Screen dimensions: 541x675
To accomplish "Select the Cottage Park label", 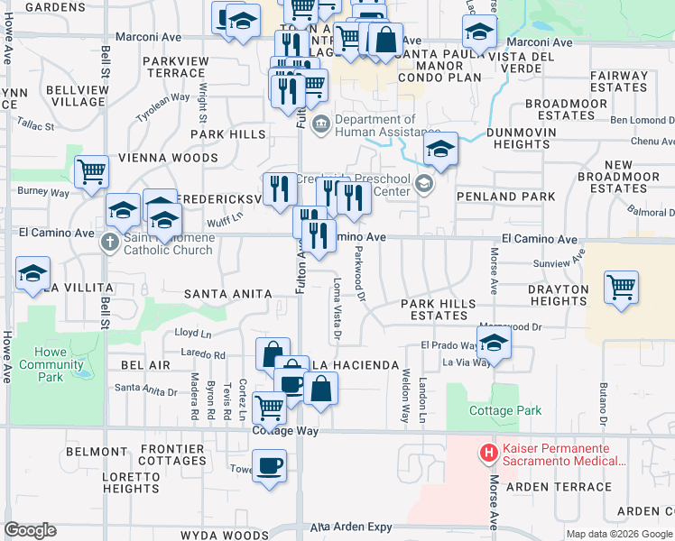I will [x=505, y=410].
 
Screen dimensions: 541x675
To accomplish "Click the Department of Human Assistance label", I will [x=374, y=125].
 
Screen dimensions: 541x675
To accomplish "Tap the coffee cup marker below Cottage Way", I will [x=269, y=467].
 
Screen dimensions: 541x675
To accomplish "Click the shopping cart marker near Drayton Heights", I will [x=621, y=289].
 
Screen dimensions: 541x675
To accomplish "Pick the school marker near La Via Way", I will [x=494, y=344].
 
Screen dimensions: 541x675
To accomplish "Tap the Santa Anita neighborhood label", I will [x=227, y=294].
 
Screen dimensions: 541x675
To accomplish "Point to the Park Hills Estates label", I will [x=440, y=309].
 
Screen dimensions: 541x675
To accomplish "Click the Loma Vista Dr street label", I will [x=337, y=310].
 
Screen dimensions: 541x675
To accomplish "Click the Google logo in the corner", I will [x=30, y=530].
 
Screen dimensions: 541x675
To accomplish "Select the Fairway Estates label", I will [x=619, y=82].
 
